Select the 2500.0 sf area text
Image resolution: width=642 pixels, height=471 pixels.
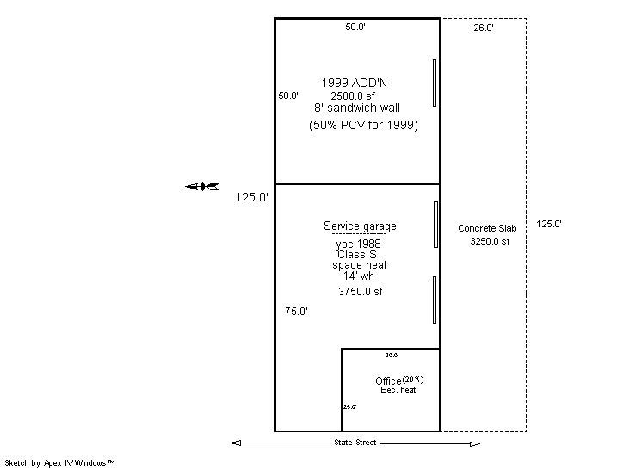(x=356, y=96)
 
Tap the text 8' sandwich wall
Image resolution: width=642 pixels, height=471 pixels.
(x=356, y=108)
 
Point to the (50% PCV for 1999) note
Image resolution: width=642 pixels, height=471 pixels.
(x=363, y=126)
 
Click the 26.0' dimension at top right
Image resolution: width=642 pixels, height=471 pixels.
(x=484, y=28)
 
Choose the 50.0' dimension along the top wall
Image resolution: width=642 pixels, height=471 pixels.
(x=355, y=28)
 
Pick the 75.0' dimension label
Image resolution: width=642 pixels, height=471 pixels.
(x=296, y=313)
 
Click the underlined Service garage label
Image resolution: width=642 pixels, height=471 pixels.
(x=360, y=226)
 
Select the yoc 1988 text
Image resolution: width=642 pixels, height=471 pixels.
(x=359, y=245)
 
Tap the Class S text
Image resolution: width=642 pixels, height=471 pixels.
(x=356, y=255)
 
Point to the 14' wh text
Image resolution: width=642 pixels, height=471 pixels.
(x=359, y=276)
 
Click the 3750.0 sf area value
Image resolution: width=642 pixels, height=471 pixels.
(x=360, y=292)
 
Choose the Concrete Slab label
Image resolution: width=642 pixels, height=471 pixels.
(x=487, y=228)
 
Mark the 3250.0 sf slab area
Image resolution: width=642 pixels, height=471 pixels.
(x=489, y=242)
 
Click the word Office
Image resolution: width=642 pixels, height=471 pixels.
(x=388, y=381)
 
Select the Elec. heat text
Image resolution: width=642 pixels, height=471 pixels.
(x=398, y=391)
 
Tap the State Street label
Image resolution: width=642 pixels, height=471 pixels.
(x=355, y=443)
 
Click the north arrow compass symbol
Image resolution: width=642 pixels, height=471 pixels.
(x=202, y=187)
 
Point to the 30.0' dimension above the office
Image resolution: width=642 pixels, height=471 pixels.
(x=392, y=355)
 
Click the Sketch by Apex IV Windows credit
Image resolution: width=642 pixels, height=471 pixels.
(x=59, y=463)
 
